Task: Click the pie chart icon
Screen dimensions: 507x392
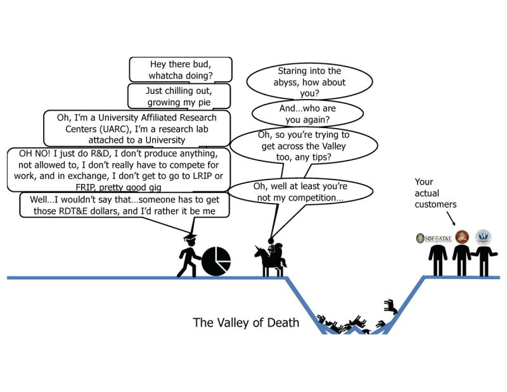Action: (216, 261)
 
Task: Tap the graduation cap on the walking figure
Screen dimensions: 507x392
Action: (191, 236)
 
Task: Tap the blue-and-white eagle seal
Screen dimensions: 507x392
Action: (485, 237)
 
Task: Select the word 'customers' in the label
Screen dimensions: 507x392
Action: (435, 205)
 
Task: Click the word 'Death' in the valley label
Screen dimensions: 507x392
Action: (284, 323)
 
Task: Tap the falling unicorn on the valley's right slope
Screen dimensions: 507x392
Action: (390, 309)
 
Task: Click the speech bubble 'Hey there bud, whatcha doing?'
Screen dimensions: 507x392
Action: (181, 69)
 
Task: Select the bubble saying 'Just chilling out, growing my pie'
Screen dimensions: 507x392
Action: (181, 96)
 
